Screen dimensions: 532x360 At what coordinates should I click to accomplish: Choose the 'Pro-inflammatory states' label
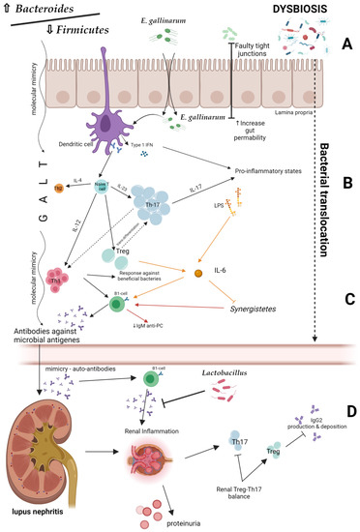(237, 164)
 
